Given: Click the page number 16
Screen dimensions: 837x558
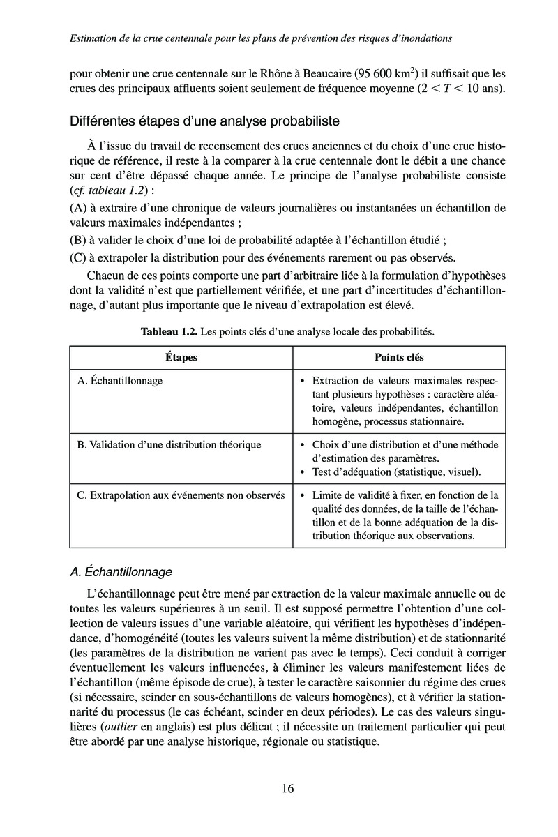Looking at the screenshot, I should click(287, 789).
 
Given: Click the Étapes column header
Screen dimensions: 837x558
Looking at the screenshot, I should click(181, 357).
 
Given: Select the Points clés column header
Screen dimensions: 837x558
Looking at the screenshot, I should click(399, 357).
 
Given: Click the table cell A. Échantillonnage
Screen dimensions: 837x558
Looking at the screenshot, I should click(120, 381).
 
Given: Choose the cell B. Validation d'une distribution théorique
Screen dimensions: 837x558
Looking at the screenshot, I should click(169, 444).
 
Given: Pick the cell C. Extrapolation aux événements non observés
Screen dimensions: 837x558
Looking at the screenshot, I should click(181, 495).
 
